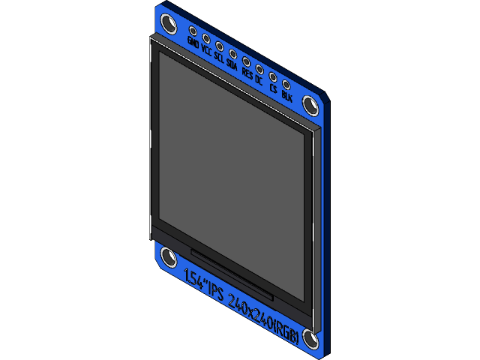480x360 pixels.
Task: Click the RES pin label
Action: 247,73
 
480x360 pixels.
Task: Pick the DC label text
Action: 259,79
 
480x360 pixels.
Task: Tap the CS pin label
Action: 273,88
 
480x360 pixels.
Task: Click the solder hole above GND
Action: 193,31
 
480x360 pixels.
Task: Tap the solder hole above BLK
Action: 286,83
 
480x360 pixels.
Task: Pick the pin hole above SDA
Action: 233,53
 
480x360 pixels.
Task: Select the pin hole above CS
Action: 273,76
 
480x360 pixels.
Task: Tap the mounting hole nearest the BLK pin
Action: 310,103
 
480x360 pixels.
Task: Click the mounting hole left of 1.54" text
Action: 169,259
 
